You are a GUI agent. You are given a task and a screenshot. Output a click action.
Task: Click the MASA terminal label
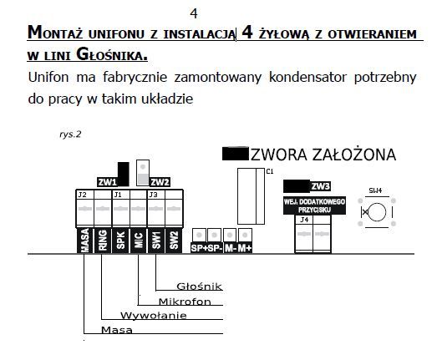point(85,241)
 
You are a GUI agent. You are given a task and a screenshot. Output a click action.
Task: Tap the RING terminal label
point(103,241)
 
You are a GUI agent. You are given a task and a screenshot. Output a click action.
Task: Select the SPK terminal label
point(120,241)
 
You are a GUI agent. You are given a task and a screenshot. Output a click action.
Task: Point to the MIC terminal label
point(138,241)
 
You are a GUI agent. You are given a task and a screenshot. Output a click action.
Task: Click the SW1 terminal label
point(156,241)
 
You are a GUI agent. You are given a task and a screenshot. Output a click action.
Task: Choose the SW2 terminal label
point(174,241)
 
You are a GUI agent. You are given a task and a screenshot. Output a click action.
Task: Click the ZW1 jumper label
point(107,182)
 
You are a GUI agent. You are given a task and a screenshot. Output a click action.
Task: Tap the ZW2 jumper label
point(160,182)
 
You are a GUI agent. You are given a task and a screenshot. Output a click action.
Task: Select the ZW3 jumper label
point(321,186)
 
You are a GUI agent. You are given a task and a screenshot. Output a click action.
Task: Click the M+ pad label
point(245,248)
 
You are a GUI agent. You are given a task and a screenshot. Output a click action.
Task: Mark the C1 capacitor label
point(270,171)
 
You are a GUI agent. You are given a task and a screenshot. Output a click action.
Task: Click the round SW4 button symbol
point(377,212)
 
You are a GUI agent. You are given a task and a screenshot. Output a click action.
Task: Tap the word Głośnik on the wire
point(199,286)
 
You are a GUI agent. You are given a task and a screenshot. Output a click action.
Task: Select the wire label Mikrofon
point(185,302)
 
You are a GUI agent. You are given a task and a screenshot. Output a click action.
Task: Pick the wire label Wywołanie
point(153,316)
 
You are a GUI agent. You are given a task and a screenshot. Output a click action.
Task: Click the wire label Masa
point(117,330)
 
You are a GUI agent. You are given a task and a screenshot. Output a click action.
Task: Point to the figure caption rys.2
point(70,134)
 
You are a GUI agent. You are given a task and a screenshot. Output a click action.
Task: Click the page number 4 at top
point(194,13)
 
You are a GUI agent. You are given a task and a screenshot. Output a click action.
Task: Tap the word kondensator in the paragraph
point(307,77)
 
